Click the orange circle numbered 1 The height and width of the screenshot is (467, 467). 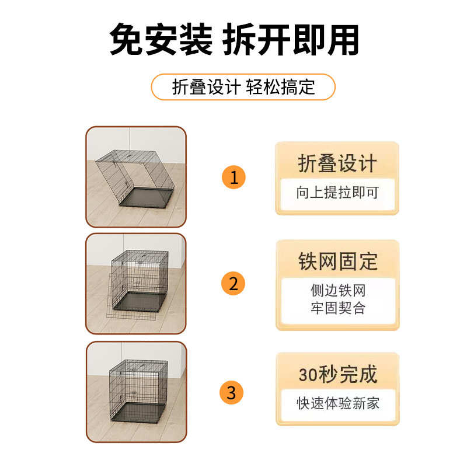coord(233,177)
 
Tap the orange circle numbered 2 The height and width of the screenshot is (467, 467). coord(233,284)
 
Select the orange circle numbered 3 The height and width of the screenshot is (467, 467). coord(232,392)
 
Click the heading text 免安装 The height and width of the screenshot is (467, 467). coord(161,40)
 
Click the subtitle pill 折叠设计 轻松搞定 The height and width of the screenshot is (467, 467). coord(243,87)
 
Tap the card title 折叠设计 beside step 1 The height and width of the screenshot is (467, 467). coord(337,163)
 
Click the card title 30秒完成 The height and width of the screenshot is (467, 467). coord(337,374)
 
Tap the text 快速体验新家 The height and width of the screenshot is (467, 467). coord(337,403)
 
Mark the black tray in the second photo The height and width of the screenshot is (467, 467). coord(140,301)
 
